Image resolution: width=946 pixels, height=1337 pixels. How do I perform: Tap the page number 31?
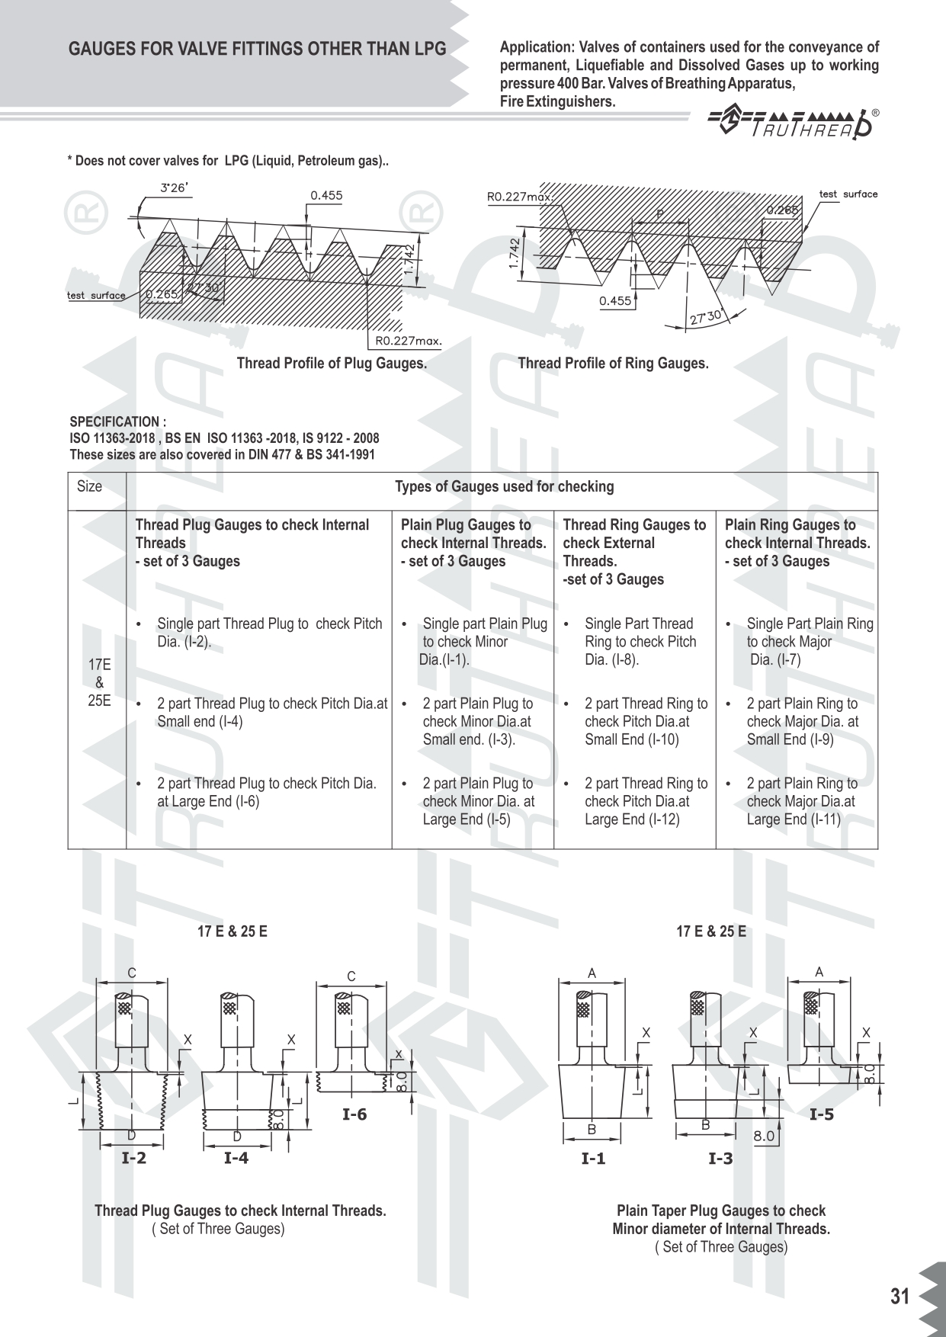tap(900, 1297)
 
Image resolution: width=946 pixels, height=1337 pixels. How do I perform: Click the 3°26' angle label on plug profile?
tap(173, 188)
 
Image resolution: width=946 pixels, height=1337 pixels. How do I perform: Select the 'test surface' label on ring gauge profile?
tap(848, 194)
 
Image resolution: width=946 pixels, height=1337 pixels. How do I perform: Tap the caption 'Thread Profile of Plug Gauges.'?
tap(332, 364)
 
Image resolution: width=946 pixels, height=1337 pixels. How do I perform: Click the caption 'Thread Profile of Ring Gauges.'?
tap(613, 364)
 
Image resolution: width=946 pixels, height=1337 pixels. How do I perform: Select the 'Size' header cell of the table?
tap(89, 486)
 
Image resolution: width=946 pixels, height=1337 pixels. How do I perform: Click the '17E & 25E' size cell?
tap(99, 682)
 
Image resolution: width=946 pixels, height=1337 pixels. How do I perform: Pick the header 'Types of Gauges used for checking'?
tap(504, 486)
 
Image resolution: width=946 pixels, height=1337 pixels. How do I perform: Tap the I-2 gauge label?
tap(133, 1158)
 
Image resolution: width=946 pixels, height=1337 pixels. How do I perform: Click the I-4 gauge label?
tap(236, 1158)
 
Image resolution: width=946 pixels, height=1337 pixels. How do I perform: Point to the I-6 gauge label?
tap(354, 1114)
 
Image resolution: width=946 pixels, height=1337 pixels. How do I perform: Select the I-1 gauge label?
tap(593, 1159)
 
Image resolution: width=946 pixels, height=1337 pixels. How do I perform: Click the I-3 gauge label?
tap(720, 1159)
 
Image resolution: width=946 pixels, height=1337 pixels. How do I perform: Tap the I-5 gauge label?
tap(822, 1114)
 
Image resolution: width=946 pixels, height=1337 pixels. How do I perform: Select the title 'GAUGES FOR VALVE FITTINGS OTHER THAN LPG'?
tap(258, 50)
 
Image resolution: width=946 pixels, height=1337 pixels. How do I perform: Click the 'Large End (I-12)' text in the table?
tap(632, 819)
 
